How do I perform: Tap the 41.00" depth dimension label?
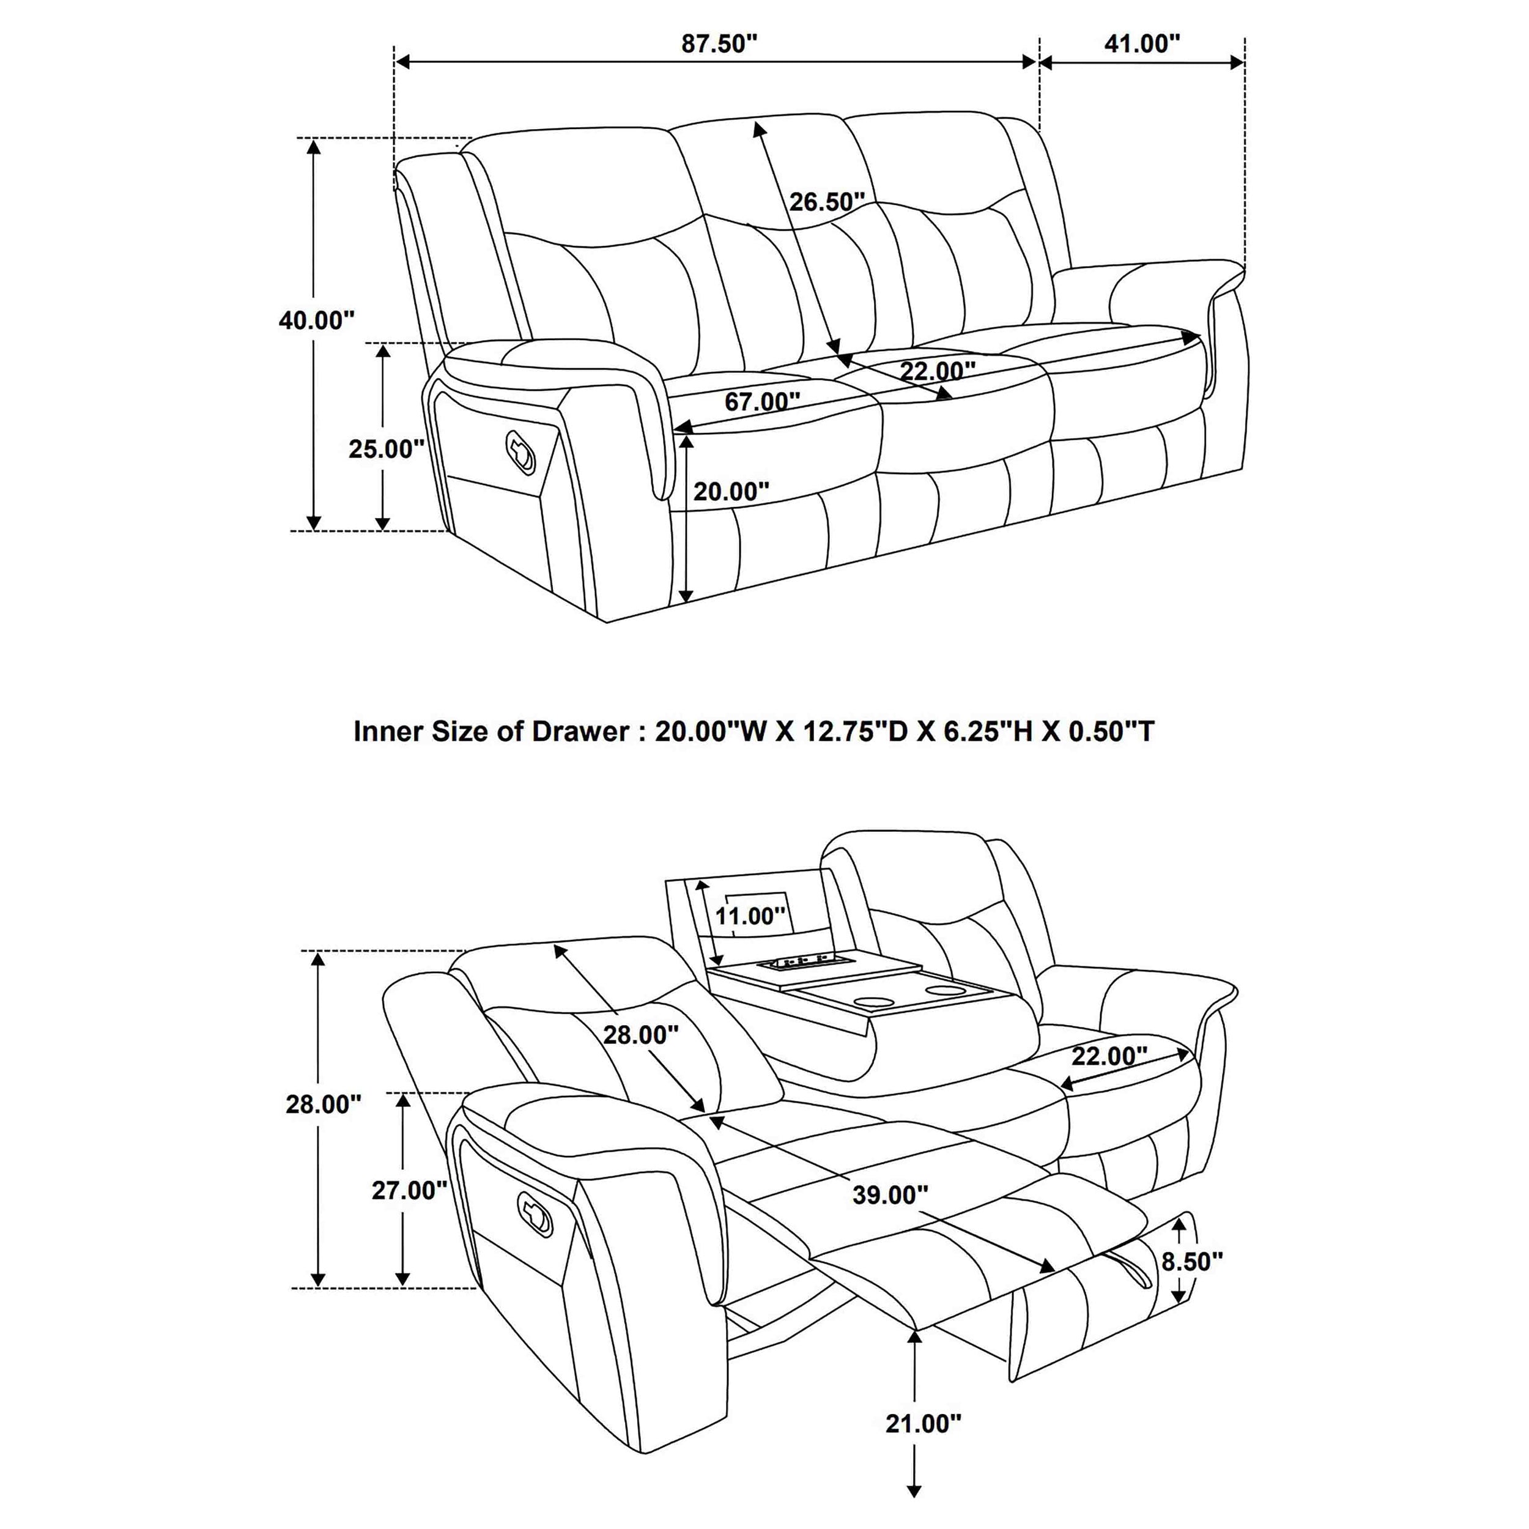click(1141, 44)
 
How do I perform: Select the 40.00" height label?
click(316, 320)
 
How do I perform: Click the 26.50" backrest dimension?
click(826, 202)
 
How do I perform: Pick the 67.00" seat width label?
click(762, 402)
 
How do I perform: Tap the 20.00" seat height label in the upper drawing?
click(730, 492)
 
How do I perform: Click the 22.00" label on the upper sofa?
click(937, 371)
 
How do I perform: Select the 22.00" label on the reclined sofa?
click(1109, 1056)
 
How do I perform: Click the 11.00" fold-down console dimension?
click(749, 916)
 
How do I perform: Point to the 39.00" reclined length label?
click(889, 1195)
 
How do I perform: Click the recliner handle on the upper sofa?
click(520, 452)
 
